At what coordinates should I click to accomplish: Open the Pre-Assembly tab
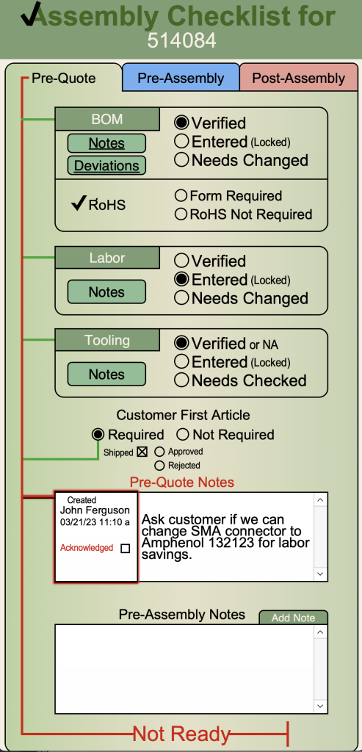tap(181, 78)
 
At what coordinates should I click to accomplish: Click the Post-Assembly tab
tap(299, 78)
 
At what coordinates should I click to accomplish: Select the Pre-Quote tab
tap(64, 78)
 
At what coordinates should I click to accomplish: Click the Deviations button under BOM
tap(106, 165)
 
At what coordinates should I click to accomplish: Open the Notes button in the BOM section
tap(106, 143)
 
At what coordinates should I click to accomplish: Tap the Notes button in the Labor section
tap(106, 292)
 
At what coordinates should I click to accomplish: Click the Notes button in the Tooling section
tap(106, 374)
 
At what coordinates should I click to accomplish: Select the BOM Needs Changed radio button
tap(181, 159)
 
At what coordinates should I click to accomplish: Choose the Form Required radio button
tap(181, 195)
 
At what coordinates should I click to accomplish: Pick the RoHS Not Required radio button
tap(181, 214)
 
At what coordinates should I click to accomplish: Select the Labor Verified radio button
tap(181, 261)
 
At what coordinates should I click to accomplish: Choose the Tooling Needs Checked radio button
tap(181, 380)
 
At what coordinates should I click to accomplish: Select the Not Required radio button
tap(183, 435)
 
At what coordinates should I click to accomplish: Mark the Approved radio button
tap(159, 452)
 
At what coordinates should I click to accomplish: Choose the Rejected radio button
tap(159, 465)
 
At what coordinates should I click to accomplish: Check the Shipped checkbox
tap(142, 452)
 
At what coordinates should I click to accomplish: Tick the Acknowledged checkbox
tap(125, 548)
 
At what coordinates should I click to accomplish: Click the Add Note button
tap(294, 618)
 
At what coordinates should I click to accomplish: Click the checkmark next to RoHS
tap(79, 203)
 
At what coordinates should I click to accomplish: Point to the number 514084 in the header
tap(181, 40)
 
